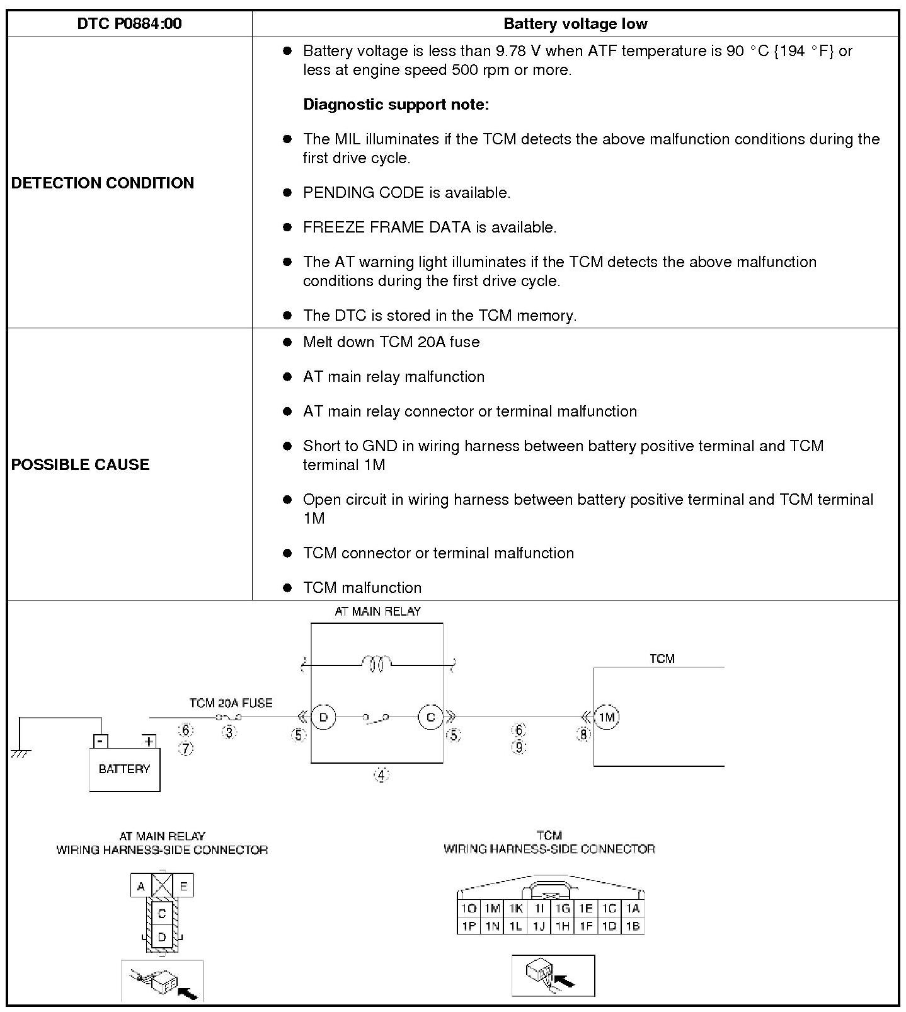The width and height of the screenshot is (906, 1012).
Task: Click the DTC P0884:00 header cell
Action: click(129, 24)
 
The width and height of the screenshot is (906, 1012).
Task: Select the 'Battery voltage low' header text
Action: click(575, 24)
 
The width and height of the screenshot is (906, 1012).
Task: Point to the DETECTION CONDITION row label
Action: click(103, 183)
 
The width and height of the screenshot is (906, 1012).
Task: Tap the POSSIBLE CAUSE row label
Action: click(81, 464)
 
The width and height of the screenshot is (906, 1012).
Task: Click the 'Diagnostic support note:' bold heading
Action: click(396, 104)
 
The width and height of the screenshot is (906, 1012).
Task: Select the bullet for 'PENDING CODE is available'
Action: click(287, 192)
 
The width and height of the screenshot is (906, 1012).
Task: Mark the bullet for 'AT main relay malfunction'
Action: click(287, 377)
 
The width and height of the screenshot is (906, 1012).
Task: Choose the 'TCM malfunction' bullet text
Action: click(362, 587)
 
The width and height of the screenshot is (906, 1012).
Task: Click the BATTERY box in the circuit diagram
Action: click(125, 769)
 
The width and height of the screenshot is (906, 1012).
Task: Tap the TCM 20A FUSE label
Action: click(231, 703)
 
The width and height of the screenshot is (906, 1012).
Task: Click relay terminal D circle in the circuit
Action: click(323, 717)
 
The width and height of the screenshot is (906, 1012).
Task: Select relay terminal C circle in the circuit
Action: click(430, 717)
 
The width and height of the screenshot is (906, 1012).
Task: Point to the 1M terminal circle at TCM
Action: click(607, 717)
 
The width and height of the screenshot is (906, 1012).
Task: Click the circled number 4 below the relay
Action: click(381, 774)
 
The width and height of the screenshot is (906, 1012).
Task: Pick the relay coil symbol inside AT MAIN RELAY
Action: click(376, 663)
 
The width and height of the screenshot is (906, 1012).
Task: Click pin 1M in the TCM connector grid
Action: click(491, 908)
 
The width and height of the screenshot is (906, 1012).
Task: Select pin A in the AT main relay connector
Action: click(141, 886)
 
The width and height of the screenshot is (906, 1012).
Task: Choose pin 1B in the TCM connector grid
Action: click(633, 926)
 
